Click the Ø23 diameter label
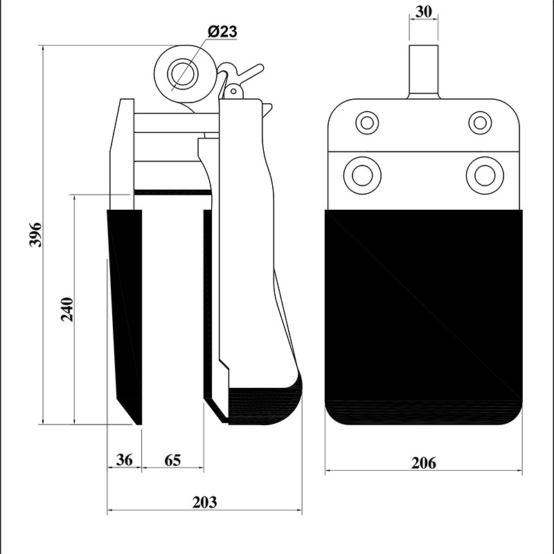coord(222,32)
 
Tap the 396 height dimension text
coord(36,235)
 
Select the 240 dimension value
coord(67,310)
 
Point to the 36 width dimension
coord(125,460)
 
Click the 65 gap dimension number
coord(172,461)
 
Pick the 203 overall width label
coord(204,502)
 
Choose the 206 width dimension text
coord(424,463)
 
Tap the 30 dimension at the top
coord(423,12)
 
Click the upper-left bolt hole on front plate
coord(367,123)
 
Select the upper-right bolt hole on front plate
coord(480,123)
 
